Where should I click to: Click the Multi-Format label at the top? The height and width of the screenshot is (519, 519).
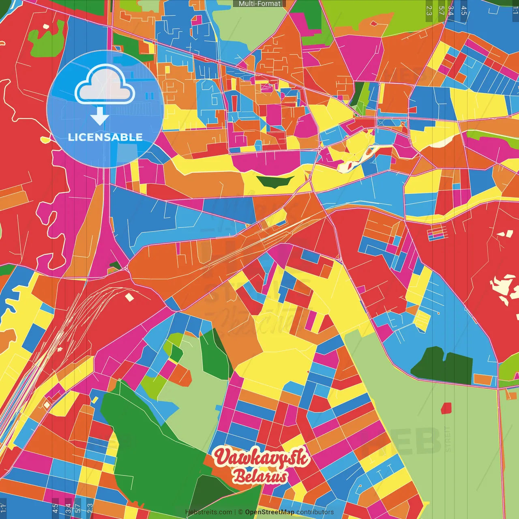tap(259, 4)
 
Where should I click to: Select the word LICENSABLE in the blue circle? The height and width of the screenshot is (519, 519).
tap(105, 137)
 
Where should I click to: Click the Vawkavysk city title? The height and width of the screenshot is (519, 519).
tap(262, 457)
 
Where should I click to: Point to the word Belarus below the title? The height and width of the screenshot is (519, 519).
tap(260, 477)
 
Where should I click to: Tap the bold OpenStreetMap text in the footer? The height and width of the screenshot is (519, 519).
tap(269, 512)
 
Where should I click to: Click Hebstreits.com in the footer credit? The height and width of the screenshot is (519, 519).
tap(208, 512)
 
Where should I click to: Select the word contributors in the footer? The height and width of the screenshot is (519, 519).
tap(315, 512)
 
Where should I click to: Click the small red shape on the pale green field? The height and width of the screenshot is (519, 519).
tap(446, 407)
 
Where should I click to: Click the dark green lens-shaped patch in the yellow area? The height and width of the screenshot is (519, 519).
tap(275, 181)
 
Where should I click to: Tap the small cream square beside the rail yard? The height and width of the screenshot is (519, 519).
tap(129, 297)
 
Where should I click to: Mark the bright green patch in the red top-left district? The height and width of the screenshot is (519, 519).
tap(47, 39)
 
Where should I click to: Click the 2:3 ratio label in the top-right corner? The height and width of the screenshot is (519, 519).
tap(429, 11)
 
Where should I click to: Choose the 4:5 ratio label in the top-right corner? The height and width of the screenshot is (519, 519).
tap(464, 11)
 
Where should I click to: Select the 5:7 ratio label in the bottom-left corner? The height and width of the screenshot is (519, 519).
tap(77, 508)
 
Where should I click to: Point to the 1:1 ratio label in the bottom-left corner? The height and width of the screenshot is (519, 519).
tap(3, 508)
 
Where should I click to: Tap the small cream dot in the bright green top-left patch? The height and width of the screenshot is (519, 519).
tap(46, 26)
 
